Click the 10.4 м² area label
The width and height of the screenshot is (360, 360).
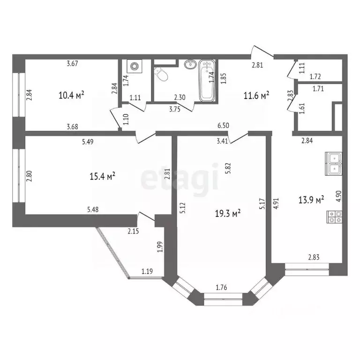coord(71,95)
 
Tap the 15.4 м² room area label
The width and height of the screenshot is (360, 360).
coord(102,177)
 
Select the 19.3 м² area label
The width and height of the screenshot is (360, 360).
coord(228,214)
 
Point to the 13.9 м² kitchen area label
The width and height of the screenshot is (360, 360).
coord(311,200)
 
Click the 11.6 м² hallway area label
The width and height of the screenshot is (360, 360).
coord(256,96)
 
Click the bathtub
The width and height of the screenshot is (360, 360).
coord(207,81)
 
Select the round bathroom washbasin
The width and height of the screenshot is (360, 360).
coord(190,64)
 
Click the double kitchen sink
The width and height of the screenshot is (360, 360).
coord(334,164)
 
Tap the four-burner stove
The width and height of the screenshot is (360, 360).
coord(334,217)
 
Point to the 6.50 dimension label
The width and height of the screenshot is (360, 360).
coord(224,126)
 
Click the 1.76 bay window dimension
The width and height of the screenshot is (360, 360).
coord(221,287)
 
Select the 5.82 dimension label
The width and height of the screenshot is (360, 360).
coord(228,168)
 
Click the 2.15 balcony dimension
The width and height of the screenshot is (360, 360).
coord(133,231)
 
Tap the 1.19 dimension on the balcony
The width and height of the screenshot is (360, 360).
coord(147,271)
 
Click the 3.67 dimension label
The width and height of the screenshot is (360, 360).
coord(72,63)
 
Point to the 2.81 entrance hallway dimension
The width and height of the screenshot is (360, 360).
coord(257,65)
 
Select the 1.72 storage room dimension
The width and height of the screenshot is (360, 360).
coord(315,76)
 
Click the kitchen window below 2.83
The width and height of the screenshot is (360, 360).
coord(307,269)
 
